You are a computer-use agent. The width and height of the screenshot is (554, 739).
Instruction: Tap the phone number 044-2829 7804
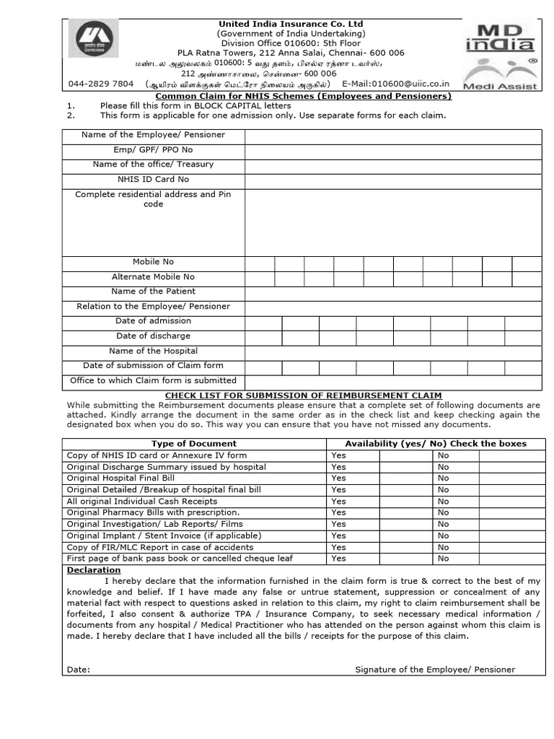(x=101, y=84)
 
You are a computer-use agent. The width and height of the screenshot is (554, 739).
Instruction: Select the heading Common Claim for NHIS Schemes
(x=303, y=96)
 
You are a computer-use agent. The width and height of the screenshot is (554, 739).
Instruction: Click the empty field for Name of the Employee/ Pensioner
(x=393, y=135)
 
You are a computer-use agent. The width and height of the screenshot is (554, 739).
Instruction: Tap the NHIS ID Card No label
(x=153, y=179)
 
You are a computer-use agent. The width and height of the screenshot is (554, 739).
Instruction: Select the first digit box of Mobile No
(x=259, y=263)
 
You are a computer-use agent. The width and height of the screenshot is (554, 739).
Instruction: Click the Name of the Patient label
(x=153, y=292)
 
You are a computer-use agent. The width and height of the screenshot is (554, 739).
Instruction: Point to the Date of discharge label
(x=153, y=336)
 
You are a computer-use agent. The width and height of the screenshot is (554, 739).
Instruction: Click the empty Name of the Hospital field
(x=393, y=351)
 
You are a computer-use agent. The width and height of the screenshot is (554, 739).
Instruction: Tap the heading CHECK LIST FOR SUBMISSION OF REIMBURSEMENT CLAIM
(x=303, y=395)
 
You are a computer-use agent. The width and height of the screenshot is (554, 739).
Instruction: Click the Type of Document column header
(x=193, y=443)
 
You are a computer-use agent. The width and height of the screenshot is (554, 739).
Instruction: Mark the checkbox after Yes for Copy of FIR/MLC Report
(x=405, y=547)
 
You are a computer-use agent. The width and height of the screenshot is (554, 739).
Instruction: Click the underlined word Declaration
(x=94, y=570)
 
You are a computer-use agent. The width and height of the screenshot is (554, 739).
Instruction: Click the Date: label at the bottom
(x=79, y=670)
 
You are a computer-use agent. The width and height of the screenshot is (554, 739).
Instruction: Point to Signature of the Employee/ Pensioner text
(x=435, y=670)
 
